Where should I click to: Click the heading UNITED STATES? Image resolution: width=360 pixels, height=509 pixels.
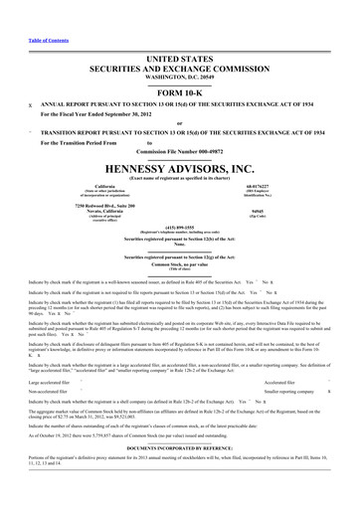pyautogui.click(x=179, y=32)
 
